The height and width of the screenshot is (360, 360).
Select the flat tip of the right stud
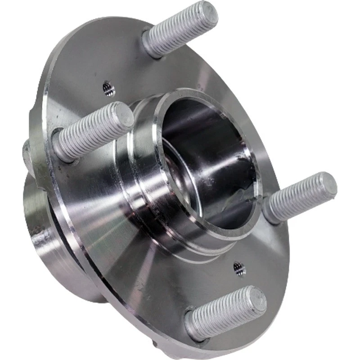(x=325, y=186)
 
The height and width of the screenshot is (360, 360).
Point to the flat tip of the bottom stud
(x=255, y=300)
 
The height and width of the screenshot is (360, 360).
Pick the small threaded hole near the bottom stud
(x=239, y=269)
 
